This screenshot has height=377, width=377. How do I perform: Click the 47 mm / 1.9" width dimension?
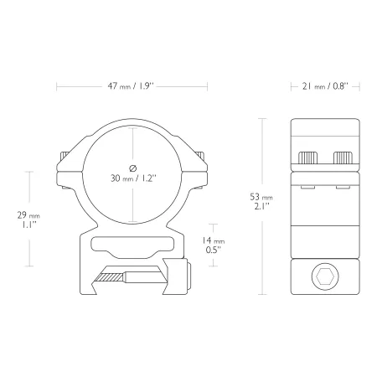click(x=131, y=86)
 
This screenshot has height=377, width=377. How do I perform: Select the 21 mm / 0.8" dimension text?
click(x=325, y=86)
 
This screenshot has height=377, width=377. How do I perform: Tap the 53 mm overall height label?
click(x=261, y=201)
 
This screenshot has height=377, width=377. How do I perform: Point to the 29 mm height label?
click(x=28, y=219)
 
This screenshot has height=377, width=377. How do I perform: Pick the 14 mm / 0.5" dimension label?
click(x=214, y=245)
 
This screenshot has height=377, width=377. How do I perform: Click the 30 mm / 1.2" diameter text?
click(x=133, y=178)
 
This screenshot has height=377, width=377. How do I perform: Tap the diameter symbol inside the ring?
click(x=133, y=168)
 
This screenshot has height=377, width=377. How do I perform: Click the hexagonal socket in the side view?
click(x=325, y=276)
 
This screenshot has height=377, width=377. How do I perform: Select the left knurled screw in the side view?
click(x=307, y=158)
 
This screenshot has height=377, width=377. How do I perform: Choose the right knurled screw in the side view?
click(x=343, y=158)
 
